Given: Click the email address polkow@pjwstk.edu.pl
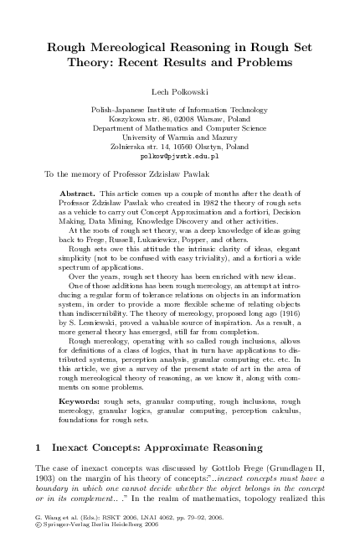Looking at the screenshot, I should point(180,157).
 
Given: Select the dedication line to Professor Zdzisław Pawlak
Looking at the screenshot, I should point(112,175).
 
